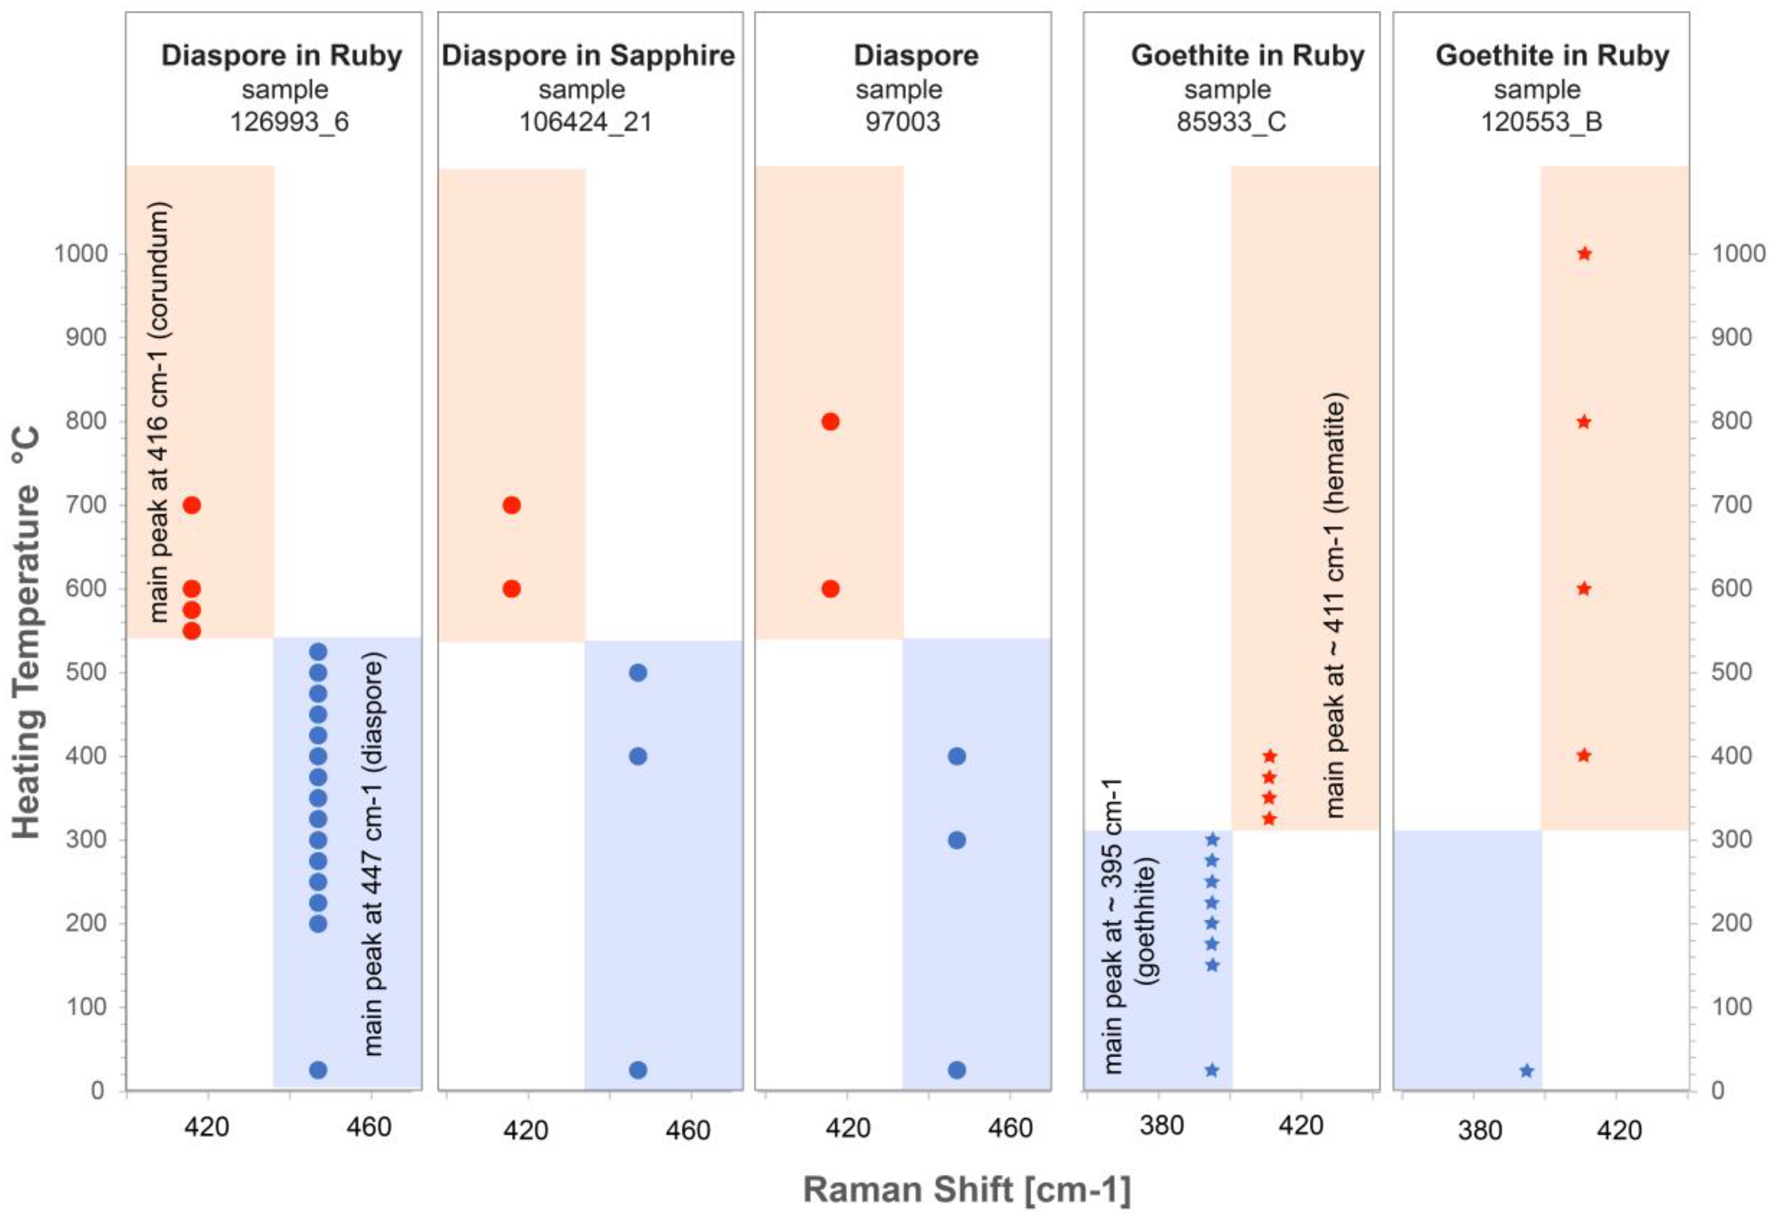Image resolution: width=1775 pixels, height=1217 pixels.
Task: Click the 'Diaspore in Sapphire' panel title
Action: (x=588, y=56)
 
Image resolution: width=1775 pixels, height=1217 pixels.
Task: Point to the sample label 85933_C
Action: (x=1230, y=122)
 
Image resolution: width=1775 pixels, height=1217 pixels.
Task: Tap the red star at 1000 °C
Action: (x=1584, y=253)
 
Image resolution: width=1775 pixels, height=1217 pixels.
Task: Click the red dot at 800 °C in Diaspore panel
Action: (x=830, y=422)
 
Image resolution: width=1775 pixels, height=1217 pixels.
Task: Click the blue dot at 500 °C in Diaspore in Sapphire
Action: (x=638, y=673)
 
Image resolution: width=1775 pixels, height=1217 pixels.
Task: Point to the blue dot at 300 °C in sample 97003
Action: (x=956, y=840)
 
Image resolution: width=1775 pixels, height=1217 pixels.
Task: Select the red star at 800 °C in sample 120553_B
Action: (x=1583, y=422)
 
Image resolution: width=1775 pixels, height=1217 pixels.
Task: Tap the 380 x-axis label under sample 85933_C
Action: (x=1161, y=1125)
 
